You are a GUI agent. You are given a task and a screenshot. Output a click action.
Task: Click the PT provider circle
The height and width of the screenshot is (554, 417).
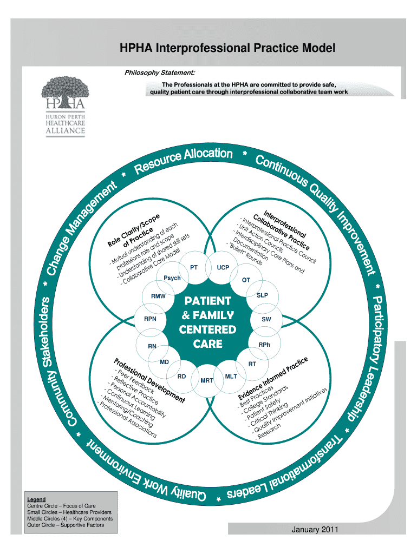pos(194,267)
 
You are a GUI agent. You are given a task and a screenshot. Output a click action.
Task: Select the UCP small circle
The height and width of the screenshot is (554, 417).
pos(223,267)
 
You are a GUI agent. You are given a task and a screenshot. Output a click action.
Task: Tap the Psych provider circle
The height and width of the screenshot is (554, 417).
pos(172,278)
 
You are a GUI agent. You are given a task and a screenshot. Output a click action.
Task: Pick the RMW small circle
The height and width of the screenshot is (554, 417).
pos(158,296)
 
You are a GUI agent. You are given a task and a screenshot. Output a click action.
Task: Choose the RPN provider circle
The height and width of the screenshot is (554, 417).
pos(150,319)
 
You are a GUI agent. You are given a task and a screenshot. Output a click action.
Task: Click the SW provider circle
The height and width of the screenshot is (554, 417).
pos(266,320)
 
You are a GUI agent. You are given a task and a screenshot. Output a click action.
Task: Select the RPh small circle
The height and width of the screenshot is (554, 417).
pos(264,345)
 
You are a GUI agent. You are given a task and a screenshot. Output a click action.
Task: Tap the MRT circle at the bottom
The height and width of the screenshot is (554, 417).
pos(207,381)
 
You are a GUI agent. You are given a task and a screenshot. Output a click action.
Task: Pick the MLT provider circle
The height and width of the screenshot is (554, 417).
pos(231,376)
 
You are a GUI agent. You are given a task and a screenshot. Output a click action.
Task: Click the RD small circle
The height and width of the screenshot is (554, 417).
pos(182,376)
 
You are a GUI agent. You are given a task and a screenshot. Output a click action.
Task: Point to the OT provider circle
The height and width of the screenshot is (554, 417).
pos(246,280)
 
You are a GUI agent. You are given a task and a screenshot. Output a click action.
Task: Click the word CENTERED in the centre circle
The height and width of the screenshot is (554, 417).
pos(208,329)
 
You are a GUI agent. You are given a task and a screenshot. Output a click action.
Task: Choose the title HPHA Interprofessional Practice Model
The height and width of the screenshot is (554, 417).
pos(227,49)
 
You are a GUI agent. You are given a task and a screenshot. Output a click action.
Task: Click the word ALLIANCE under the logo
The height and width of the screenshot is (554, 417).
pos(66,130)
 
